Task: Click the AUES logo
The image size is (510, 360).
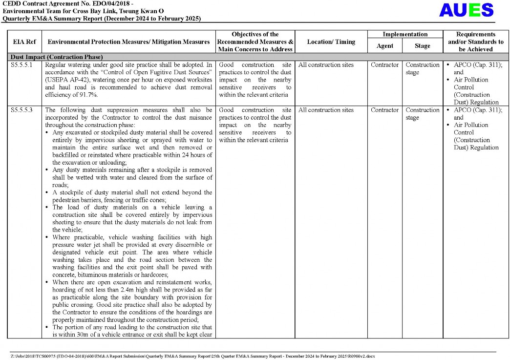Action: [x=466, y=10]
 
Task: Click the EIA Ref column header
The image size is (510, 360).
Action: [x=24, y=42]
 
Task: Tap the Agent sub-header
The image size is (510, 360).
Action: [x=384, y=46]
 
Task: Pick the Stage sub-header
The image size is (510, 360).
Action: [x=422, y=46]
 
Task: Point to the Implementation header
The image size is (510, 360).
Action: [x=404, y=35]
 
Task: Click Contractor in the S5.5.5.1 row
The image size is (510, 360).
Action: [x=384, y=65]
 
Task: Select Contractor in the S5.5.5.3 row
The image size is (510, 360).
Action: [x=384, y=110]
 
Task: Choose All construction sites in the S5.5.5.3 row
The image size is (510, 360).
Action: [x=326, y=110]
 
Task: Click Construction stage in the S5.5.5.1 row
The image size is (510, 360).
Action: [x=422, y=68]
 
